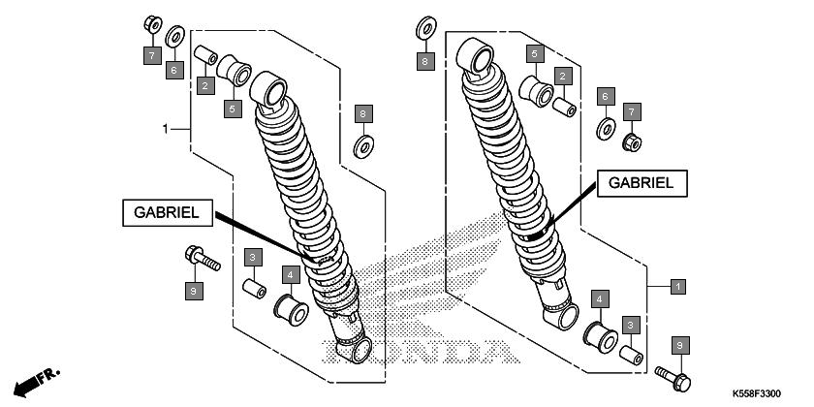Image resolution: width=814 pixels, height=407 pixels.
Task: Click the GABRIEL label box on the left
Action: (167, 213)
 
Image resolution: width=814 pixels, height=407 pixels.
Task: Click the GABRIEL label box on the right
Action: (642, 183)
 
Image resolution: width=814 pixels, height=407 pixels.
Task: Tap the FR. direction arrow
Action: (37, 382)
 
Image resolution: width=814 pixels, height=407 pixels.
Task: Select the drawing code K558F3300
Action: (757, 394)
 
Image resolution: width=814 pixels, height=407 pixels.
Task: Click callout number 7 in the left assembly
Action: (152, 55)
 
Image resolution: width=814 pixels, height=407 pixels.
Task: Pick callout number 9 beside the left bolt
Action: (194, 292)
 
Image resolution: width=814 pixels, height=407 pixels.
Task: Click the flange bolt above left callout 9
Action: (202, 258)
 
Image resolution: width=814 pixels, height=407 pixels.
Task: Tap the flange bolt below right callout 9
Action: (673, 379)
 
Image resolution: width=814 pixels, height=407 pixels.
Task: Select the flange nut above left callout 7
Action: (153, 24)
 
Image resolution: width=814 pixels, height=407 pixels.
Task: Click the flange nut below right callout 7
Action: (632, 141)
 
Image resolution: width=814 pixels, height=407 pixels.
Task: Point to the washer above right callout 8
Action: (425, 28)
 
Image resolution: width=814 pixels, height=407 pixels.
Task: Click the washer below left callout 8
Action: (364, 146)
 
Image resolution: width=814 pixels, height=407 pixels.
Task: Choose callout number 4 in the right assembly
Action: (600, 299)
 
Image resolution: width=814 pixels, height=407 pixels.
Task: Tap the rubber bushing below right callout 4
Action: (601, 337)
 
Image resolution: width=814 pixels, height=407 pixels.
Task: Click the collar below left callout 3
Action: (254, 288)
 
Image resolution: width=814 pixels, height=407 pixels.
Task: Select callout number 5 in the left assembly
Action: (233, 109)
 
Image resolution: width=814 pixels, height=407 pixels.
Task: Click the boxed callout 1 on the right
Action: (677, 286)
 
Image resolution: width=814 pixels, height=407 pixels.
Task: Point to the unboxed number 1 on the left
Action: (166, 129)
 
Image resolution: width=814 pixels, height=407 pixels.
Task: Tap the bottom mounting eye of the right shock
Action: (561, 315)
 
